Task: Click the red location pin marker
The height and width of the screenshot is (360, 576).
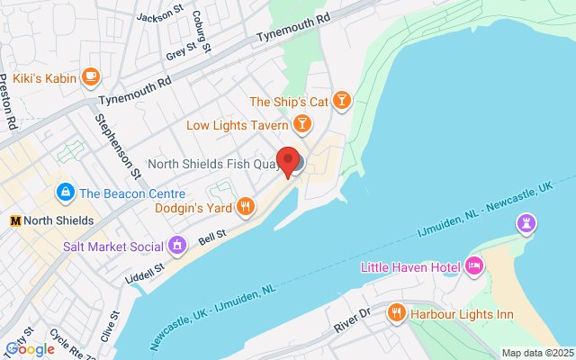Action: tap(289, 161)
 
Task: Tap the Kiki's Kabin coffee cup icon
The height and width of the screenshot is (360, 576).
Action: tap(89, 76)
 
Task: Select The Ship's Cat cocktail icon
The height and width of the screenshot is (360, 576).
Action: tap(342, 98)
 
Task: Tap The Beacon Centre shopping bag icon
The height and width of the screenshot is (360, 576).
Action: tap(65, 192)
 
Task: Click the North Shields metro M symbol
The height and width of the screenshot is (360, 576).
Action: tap(15, 220)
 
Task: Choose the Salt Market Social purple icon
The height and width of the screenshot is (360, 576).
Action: tap(177, 245)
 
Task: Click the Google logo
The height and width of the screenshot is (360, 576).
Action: tap(30, 349)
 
